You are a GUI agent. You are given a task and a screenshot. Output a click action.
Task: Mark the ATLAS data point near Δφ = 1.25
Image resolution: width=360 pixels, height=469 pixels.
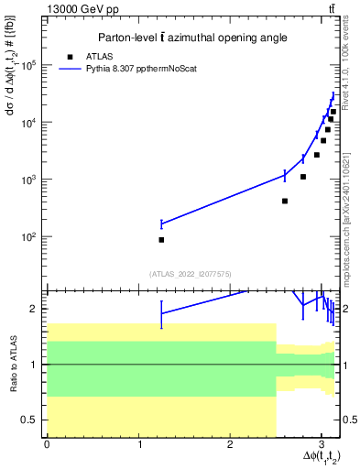click(x=161, y=240)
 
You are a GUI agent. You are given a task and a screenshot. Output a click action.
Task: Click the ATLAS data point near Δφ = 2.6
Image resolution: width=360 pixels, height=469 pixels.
click(x=285, y=201)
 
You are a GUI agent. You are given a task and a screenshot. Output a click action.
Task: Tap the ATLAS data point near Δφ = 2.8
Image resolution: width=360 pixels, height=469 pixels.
click(x=303, y=177)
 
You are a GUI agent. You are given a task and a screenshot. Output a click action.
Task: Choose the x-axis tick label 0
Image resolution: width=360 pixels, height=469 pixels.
click(x=47, y=444)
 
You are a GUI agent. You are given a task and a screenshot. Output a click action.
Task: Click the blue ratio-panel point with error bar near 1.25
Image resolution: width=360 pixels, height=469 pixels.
click(x=161, y=313)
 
